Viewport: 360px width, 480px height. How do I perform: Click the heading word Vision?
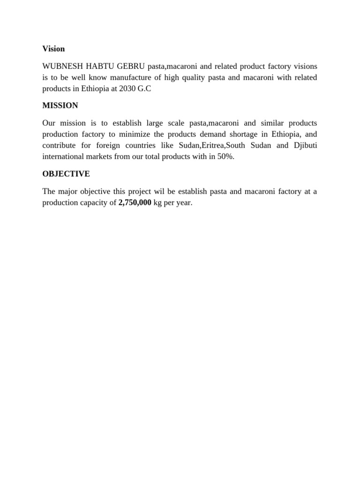(x=53, y=49)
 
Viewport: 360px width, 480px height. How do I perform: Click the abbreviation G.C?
(x=144, y=89)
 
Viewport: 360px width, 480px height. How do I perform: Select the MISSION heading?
(x=60, y=105)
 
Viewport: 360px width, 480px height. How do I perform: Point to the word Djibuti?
(x=305, y=145)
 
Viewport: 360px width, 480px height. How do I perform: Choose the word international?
(x=63, y=157)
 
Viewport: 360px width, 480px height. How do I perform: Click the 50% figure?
(x=224, y=157)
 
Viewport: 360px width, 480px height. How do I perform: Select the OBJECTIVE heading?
(x=66, y=174)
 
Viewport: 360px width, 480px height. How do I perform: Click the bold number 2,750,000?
(x=135, y=202)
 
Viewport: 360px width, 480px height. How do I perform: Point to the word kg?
(x=158, y=202)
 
